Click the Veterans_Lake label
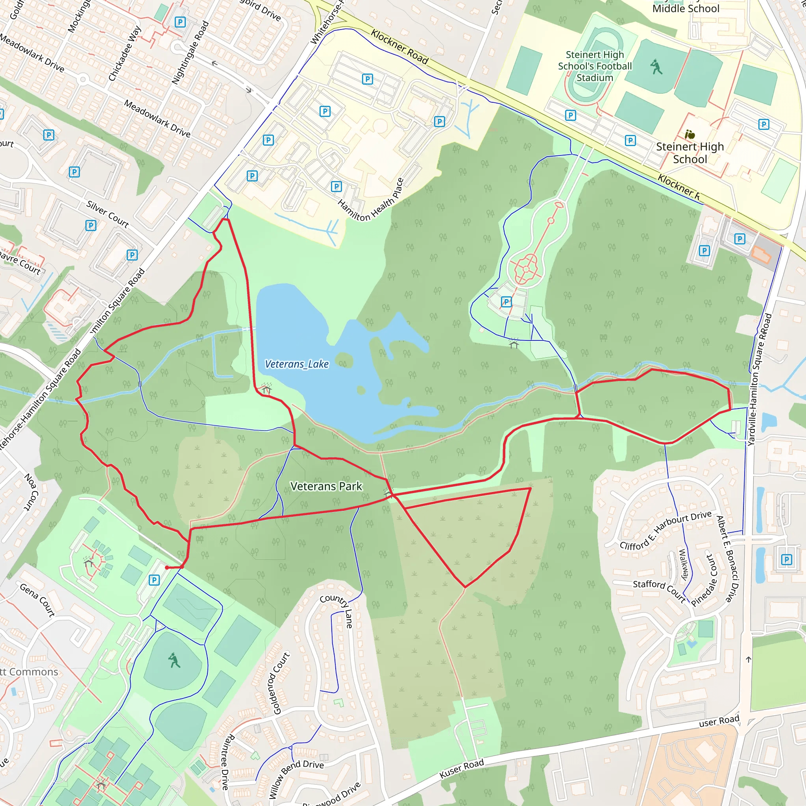point(297,364)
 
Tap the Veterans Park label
point(326,486)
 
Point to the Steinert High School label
point(690,153)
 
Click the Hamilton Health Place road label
point(371,200)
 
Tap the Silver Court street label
point(107,214)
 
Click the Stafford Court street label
point(660,591)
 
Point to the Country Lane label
point(337,609)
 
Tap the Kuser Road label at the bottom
point(461,769)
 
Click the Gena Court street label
point(37,600)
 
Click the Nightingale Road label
point(190,53)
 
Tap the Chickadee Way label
point(125,54)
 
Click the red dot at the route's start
point(167,568)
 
